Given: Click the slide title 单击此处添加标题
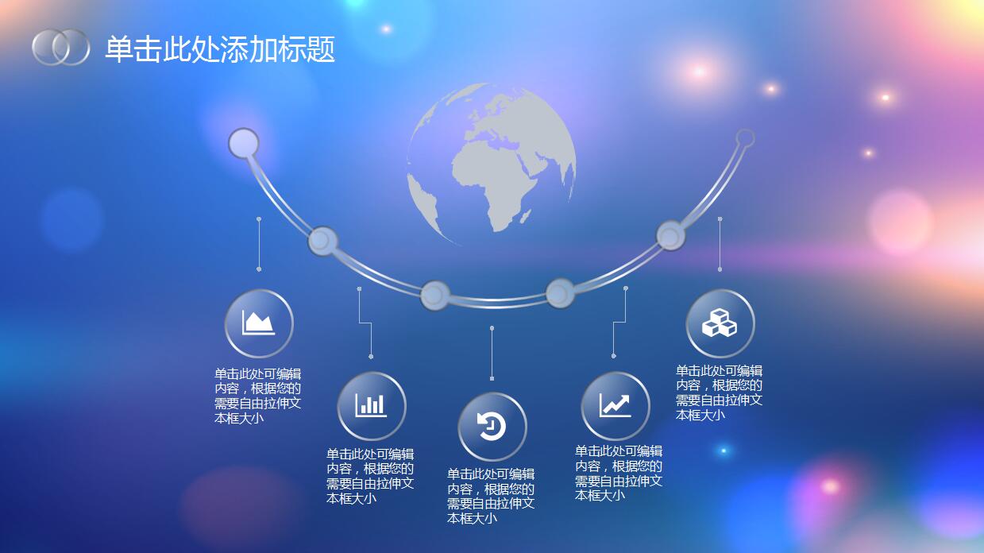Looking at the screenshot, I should tap(220, 49).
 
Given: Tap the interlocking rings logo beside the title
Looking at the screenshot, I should tap(61, 47).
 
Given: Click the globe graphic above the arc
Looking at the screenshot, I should tap(492, 164).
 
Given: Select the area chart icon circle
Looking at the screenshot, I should tap(259, 323).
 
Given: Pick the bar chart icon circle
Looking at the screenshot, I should tap(372, 406).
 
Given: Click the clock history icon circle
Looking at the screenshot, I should tap(492, 427).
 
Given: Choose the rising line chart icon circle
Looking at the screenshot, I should tap(615, 406).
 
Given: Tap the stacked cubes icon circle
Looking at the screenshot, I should tap(720, 323).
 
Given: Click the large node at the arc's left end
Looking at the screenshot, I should tap(244, 144).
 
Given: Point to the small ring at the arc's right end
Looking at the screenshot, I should tap(745, 138).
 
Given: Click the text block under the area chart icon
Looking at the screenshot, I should tap(257, 396).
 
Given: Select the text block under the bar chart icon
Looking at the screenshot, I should tap(370, 476).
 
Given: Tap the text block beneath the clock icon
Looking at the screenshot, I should tap(491, 496).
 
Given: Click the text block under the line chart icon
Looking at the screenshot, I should tap(619, 473).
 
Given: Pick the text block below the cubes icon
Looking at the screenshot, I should tap(719, 393).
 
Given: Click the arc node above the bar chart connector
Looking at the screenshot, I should tap(322, 240).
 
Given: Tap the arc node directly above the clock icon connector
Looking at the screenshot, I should tap(434, 295).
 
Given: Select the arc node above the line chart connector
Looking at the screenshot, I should tap(560, 293).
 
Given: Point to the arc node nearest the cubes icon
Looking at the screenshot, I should tap(670, 235).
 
